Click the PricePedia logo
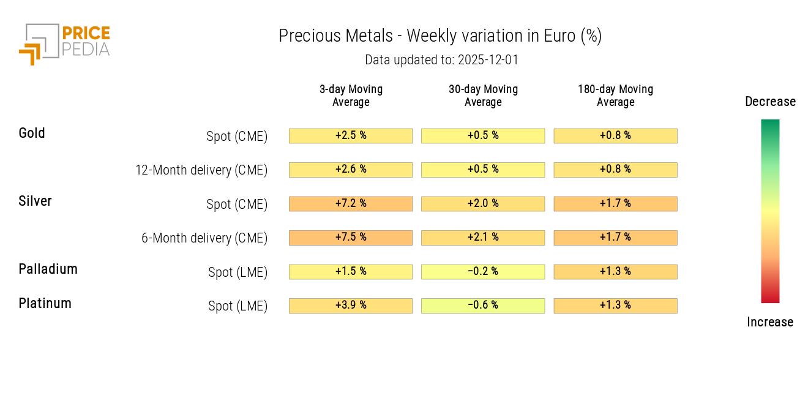point(64,43)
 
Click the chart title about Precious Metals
point(440,36)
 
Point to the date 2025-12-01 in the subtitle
point(488,60)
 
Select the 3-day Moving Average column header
point(351,96)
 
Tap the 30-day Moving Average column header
point(483,96)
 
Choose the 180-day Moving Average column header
point(615,96)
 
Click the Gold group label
point(32,133)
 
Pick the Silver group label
point(35,201)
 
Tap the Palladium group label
point(48,269)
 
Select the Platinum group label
point(45,303)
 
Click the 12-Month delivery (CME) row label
point(201,170)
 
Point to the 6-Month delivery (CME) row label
point(204,238)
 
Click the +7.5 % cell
point(351,238)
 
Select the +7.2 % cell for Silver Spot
point(351,203)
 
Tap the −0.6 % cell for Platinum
point(483,306)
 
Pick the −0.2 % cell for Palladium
point(483,271)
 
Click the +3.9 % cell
point(351,306)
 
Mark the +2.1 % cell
point(483,238)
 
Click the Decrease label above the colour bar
point(770,102)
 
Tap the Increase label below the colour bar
point(770,322)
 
